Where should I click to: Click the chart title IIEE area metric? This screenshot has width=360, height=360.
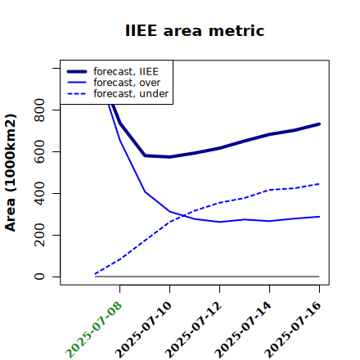coord(195,30)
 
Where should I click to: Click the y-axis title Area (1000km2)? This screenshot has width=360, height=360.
coord(11,173)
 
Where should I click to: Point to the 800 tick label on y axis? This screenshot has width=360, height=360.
coord(39,110)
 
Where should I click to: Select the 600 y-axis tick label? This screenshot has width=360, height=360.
coord(39,151)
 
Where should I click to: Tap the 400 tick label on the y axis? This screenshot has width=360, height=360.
coord(39,193)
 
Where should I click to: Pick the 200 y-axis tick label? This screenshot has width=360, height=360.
coord(39,235)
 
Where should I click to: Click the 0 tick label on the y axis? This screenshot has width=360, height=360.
coord(39,277)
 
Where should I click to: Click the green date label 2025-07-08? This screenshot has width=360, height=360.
coord(93,330)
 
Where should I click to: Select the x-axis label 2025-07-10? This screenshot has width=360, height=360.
coord(143,330)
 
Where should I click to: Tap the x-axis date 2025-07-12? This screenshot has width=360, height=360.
coord(193,330)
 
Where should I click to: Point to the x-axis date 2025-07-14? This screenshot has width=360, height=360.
coord(243,330)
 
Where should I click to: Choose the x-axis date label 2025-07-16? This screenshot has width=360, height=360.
coord(293,330)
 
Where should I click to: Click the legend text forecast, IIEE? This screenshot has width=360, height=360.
coord(126,71)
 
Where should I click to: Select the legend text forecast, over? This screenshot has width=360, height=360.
coord(127,83)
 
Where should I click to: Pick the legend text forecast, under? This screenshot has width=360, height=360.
coord(131,93)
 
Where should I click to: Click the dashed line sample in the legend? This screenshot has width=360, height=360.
coord(77,94)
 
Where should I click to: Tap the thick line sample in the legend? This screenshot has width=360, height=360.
coord(77,71)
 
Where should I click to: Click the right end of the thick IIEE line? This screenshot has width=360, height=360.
coord(319,124)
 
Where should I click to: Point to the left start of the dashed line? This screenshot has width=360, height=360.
coord(95,273)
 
